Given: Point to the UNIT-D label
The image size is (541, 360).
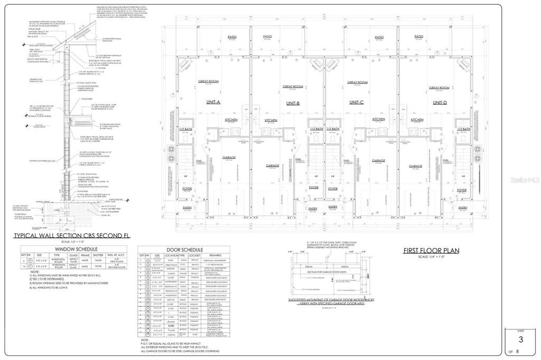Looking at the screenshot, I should pyautogui.click(x=440, y=102).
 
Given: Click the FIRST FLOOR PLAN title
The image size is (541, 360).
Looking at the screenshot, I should pyautogui.click(x=431, y=250).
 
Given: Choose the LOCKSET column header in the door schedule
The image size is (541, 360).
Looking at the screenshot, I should pyautogui.click(x=195, y=255).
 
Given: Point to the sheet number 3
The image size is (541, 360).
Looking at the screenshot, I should pyautogui.click(x=520, y=339).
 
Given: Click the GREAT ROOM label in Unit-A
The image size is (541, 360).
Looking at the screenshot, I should pyautogui.click(x=209, y=81).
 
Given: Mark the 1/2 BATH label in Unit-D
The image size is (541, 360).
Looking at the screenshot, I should pyautogui.click(x=463, y=129).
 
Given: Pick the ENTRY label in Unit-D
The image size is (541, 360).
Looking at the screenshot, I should pyautogui.click(x=463, y=208).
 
